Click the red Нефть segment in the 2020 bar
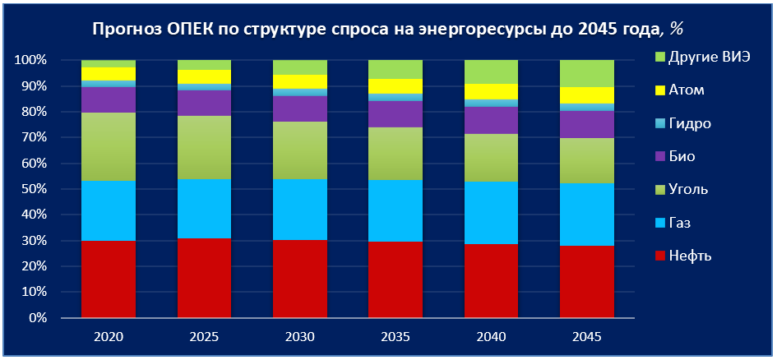click(x=109, y=279)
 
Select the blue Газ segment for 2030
click(x=299, y=209)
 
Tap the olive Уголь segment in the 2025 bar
click(x=204, y=147)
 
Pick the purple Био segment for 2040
click(x=491, y=119)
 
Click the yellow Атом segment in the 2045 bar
click(x=587, y=95)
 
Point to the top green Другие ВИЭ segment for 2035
click(x=395, y=69)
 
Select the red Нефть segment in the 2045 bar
click(x=587, y=281)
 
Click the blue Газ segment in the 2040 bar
click(x=491, y=213)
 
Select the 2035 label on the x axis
click(x=395, y=337)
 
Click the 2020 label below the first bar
click(x=109, y=337)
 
